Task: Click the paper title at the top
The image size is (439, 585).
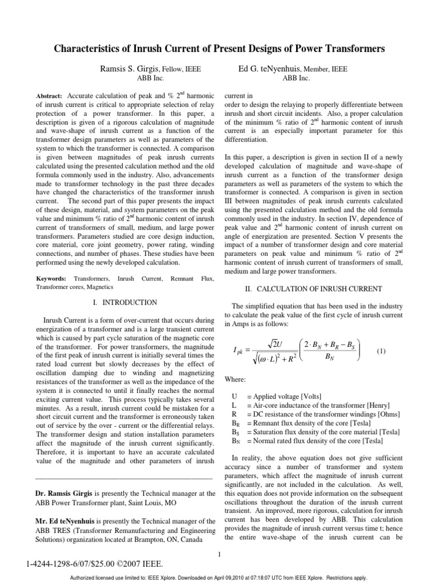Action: point(219,49)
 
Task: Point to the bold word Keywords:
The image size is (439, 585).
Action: point(50,278)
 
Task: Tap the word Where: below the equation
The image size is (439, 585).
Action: point(235,378)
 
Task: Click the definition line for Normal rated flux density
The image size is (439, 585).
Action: point(317,441)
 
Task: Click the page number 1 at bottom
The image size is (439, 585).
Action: point(219,553)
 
